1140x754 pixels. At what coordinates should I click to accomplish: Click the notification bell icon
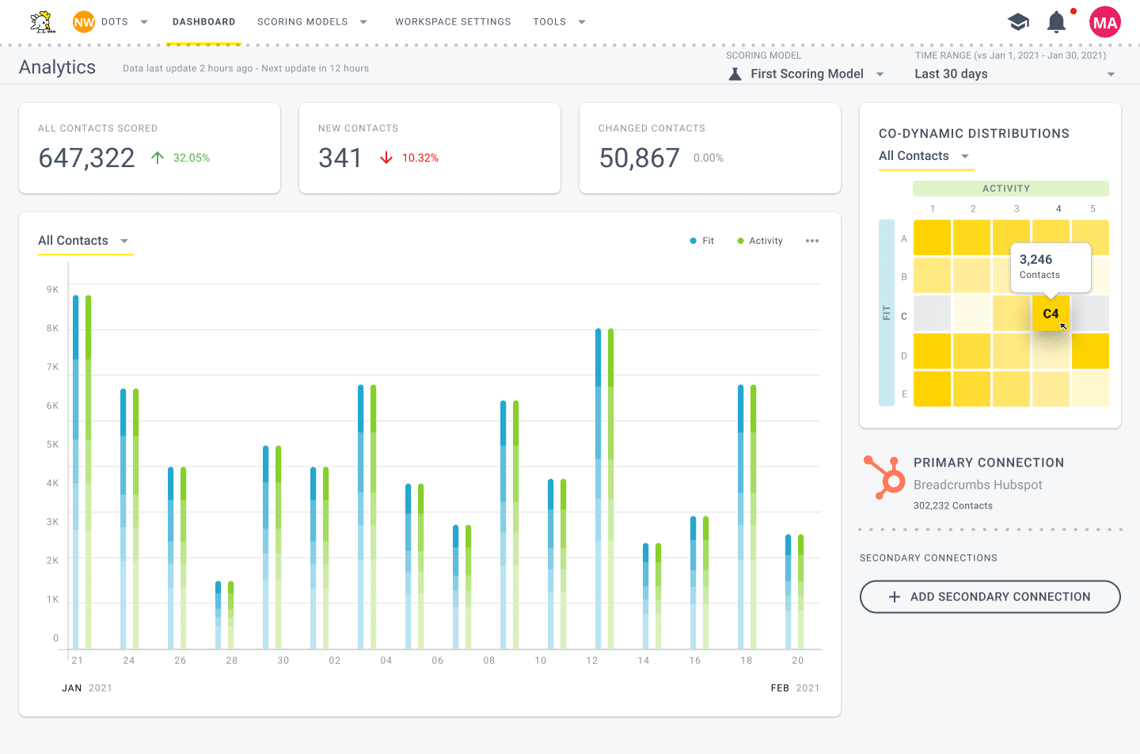(x=1056, y=22)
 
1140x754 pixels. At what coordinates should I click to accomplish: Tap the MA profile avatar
(x=1105, y=22)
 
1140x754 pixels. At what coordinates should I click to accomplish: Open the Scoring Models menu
(x=312, y=22)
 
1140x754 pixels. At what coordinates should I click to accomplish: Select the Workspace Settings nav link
(x=453, y=22)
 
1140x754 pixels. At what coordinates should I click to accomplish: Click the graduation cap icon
(x=1018, y=22)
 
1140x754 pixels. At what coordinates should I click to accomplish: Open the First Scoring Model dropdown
(x=807, y=74)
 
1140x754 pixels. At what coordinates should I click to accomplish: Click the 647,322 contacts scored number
(x=86, y=158)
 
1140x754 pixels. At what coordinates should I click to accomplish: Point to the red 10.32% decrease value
(x=420, y=158)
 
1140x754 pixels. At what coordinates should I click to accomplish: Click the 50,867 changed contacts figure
(x=639, y=158)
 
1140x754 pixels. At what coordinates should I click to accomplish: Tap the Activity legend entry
(x=760, y=241)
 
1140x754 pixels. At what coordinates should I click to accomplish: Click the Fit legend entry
(x=701, y=241)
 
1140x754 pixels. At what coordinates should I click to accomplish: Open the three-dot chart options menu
(x=812, y=241)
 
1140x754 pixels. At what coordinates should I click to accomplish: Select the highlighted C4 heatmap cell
(x=1051, y=314)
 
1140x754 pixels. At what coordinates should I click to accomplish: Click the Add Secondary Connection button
(x=990, y=596)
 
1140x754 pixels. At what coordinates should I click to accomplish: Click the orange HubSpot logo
(x=884, y=478)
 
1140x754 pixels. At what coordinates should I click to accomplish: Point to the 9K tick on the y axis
(x=52, y=289)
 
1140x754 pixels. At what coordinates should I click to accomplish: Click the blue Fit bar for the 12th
(x=598, y=489)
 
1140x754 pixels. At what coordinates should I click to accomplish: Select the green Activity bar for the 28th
(x=230, y=615)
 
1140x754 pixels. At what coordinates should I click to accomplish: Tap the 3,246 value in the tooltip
(x=1035, y=260)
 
